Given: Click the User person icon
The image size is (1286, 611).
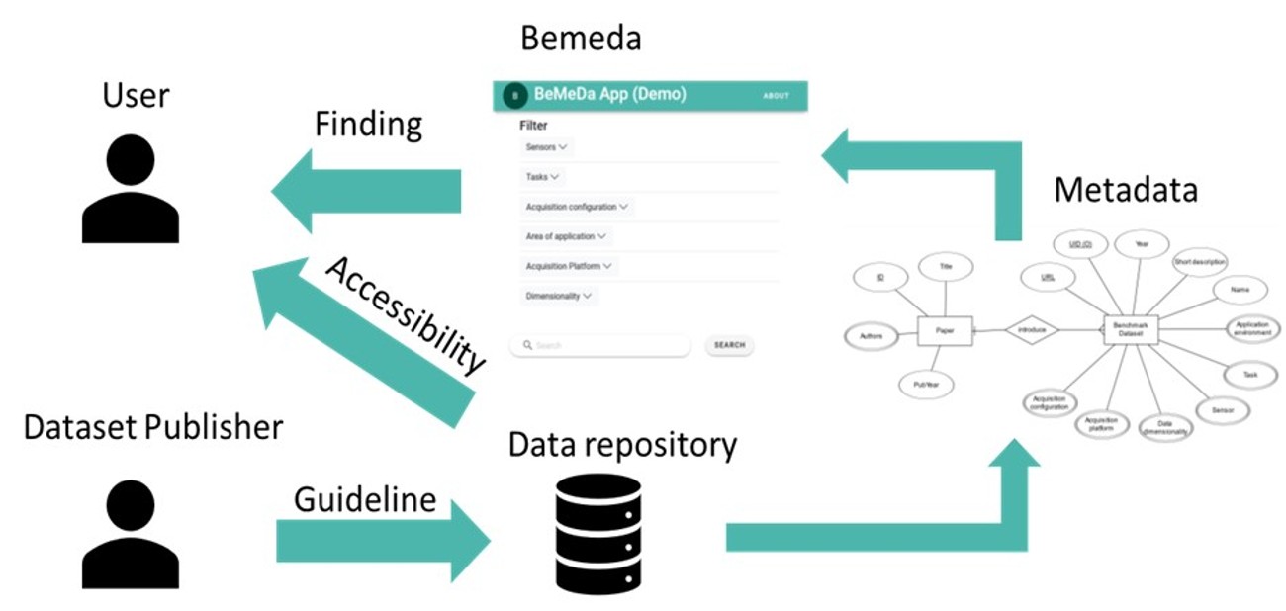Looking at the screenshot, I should click(131, 189).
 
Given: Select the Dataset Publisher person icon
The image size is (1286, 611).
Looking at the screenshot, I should click(131, 534).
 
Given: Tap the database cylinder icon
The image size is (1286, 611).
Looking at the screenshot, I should click(597, 534).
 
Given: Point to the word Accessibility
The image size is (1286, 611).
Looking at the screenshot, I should click(406, 315).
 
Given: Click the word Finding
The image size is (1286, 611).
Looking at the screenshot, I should click(368, 125).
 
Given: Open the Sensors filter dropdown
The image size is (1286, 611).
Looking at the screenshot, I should click(547, 147).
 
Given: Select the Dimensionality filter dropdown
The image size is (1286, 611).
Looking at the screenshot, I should click(559, 296).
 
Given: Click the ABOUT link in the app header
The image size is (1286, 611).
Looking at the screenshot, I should click(777, 96).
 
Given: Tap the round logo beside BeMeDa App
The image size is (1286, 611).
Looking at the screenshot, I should click(514, 95).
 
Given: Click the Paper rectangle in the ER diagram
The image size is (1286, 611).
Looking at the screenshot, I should click(946, 330).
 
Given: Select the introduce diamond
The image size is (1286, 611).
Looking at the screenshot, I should click(1031, 330).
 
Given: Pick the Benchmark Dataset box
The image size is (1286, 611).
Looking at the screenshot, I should click(1130, 330).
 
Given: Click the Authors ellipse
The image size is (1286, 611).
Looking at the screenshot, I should click(872, 337).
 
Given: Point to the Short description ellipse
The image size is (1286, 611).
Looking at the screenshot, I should click(1200, 262).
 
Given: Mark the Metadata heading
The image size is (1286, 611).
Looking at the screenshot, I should click(1126, 190).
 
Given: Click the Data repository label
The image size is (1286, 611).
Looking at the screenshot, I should click(622, 445).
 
